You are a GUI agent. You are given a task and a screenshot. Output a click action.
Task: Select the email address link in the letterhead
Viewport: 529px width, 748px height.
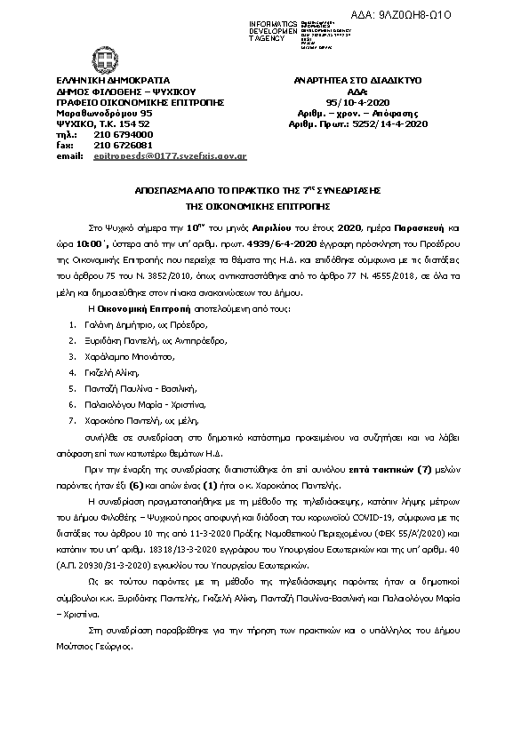tap(170, 155)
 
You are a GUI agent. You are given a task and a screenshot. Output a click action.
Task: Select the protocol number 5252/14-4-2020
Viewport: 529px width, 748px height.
tap(396, 124)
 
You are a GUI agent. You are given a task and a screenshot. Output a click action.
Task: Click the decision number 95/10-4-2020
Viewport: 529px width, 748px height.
tap(361, 102)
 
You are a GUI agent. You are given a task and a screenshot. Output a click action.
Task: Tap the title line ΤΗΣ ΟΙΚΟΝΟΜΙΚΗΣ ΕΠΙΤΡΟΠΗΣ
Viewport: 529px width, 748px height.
tap(265, 203)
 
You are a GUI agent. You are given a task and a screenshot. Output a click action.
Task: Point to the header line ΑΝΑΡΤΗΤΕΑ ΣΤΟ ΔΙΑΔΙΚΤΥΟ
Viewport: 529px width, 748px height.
tap(357, 80)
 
